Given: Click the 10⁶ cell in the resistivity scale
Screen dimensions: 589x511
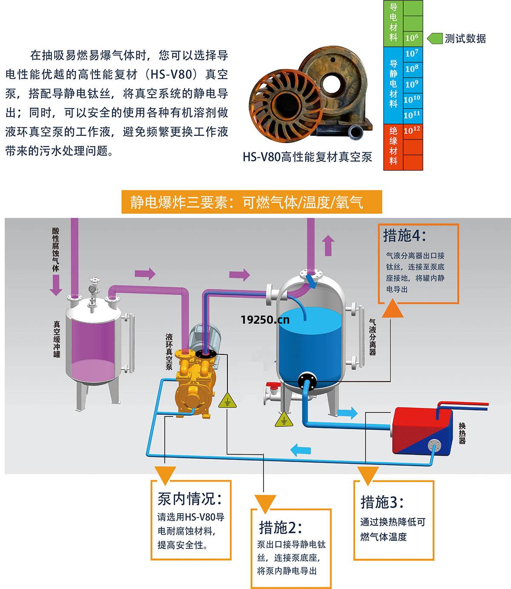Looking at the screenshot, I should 412,38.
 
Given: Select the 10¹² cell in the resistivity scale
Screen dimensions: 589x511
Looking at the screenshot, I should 412,131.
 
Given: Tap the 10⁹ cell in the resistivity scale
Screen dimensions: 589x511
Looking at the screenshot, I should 412,84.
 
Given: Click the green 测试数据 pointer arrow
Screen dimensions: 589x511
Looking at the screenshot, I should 434,38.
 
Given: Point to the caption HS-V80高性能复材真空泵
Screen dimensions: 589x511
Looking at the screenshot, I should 307,157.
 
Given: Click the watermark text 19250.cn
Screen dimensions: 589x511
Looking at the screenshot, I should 264,319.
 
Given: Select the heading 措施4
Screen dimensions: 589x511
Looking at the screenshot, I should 404,236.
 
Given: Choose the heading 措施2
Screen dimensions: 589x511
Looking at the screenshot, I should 280,528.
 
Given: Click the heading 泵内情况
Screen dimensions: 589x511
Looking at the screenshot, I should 190,498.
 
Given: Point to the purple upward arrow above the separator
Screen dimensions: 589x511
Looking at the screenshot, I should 327,245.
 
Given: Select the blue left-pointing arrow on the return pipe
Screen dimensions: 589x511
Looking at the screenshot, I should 301,449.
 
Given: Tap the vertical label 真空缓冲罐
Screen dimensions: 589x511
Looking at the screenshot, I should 57,339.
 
